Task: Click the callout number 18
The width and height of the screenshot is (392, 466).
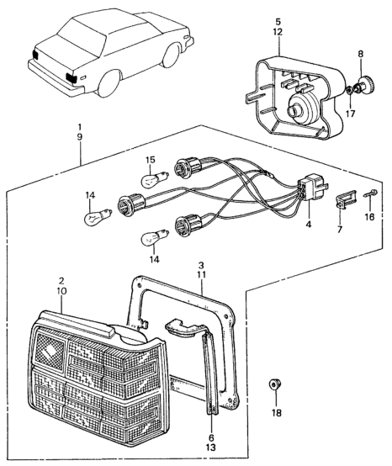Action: (277, 413)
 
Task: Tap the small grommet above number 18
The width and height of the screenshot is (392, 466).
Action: (275, 385)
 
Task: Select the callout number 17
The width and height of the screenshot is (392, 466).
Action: (351, 114)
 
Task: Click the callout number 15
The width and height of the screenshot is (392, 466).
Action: (151, 160)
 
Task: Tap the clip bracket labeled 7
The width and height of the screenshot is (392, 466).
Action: (346, 198)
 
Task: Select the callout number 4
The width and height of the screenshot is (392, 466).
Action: (308, 225)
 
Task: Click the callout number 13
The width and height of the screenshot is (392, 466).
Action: (210, 447)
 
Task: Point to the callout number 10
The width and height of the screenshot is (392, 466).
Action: (61, 291)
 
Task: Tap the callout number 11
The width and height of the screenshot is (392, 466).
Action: (201, 274)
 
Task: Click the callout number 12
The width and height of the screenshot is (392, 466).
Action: (278, 32)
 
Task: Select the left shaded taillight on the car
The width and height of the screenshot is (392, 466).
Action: (35, 55)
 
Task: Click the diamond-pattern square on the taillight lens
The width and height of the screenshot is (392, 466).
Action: (48, 351)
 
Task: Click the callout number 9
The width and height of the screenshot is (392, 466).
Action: (80, 137)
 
